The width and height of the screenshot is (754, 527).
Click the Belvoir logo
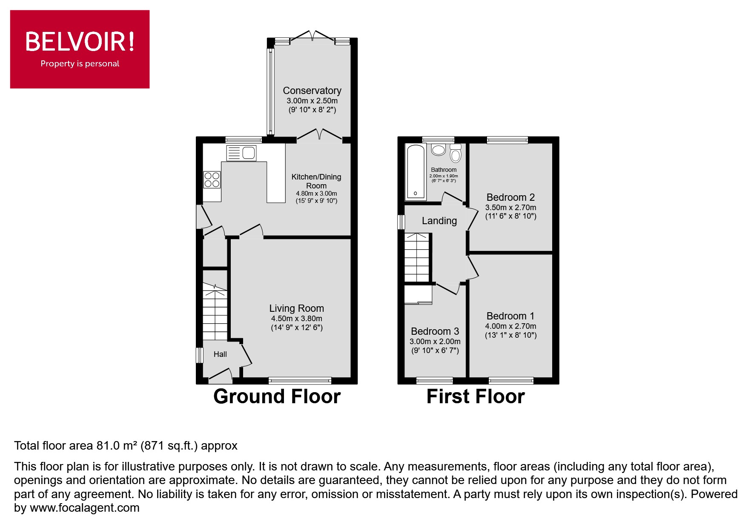(x=80, y=49)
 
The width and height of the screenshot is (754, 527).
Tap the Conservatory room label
(x=312, y=91)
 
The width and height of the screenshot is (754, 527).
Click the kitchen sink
(x=242, y=153)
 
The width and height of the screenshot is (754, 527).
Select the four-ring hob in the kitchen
(x=212, y=179)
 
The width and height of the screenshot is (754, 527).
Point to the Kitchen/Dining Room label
(x=316, y=181)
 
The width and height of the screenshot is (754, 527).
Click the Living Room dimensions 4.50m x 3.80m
(x=296, y=319)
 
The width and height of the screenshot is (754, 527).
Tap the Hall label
(x=220, y=354)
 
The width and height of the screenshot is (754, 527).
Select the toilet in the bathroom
(x=456, y=154)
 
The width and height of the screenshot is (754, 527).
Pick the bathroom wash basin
(x=438, y=150)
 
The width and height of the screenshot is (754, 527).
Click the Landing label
(x=439, y=221)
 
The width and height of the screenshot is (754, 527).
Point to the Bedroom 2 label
(x=510, y=197)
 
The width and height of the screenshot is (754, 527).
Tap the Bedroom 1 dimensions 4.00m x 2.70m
(x=510, y=326)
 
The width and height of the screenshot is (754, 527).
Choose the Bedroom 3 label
(x=435, y=331)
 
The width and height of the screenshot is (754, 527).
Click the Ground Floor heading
(x=277, y=396)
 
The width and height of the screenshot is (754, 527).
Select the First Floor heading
(x=476, y=396)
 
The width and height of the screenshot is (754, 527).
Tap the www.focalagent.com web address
(x=84, y=508)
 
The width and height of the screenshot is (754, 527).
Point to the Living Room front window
(x=300, y=380)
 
